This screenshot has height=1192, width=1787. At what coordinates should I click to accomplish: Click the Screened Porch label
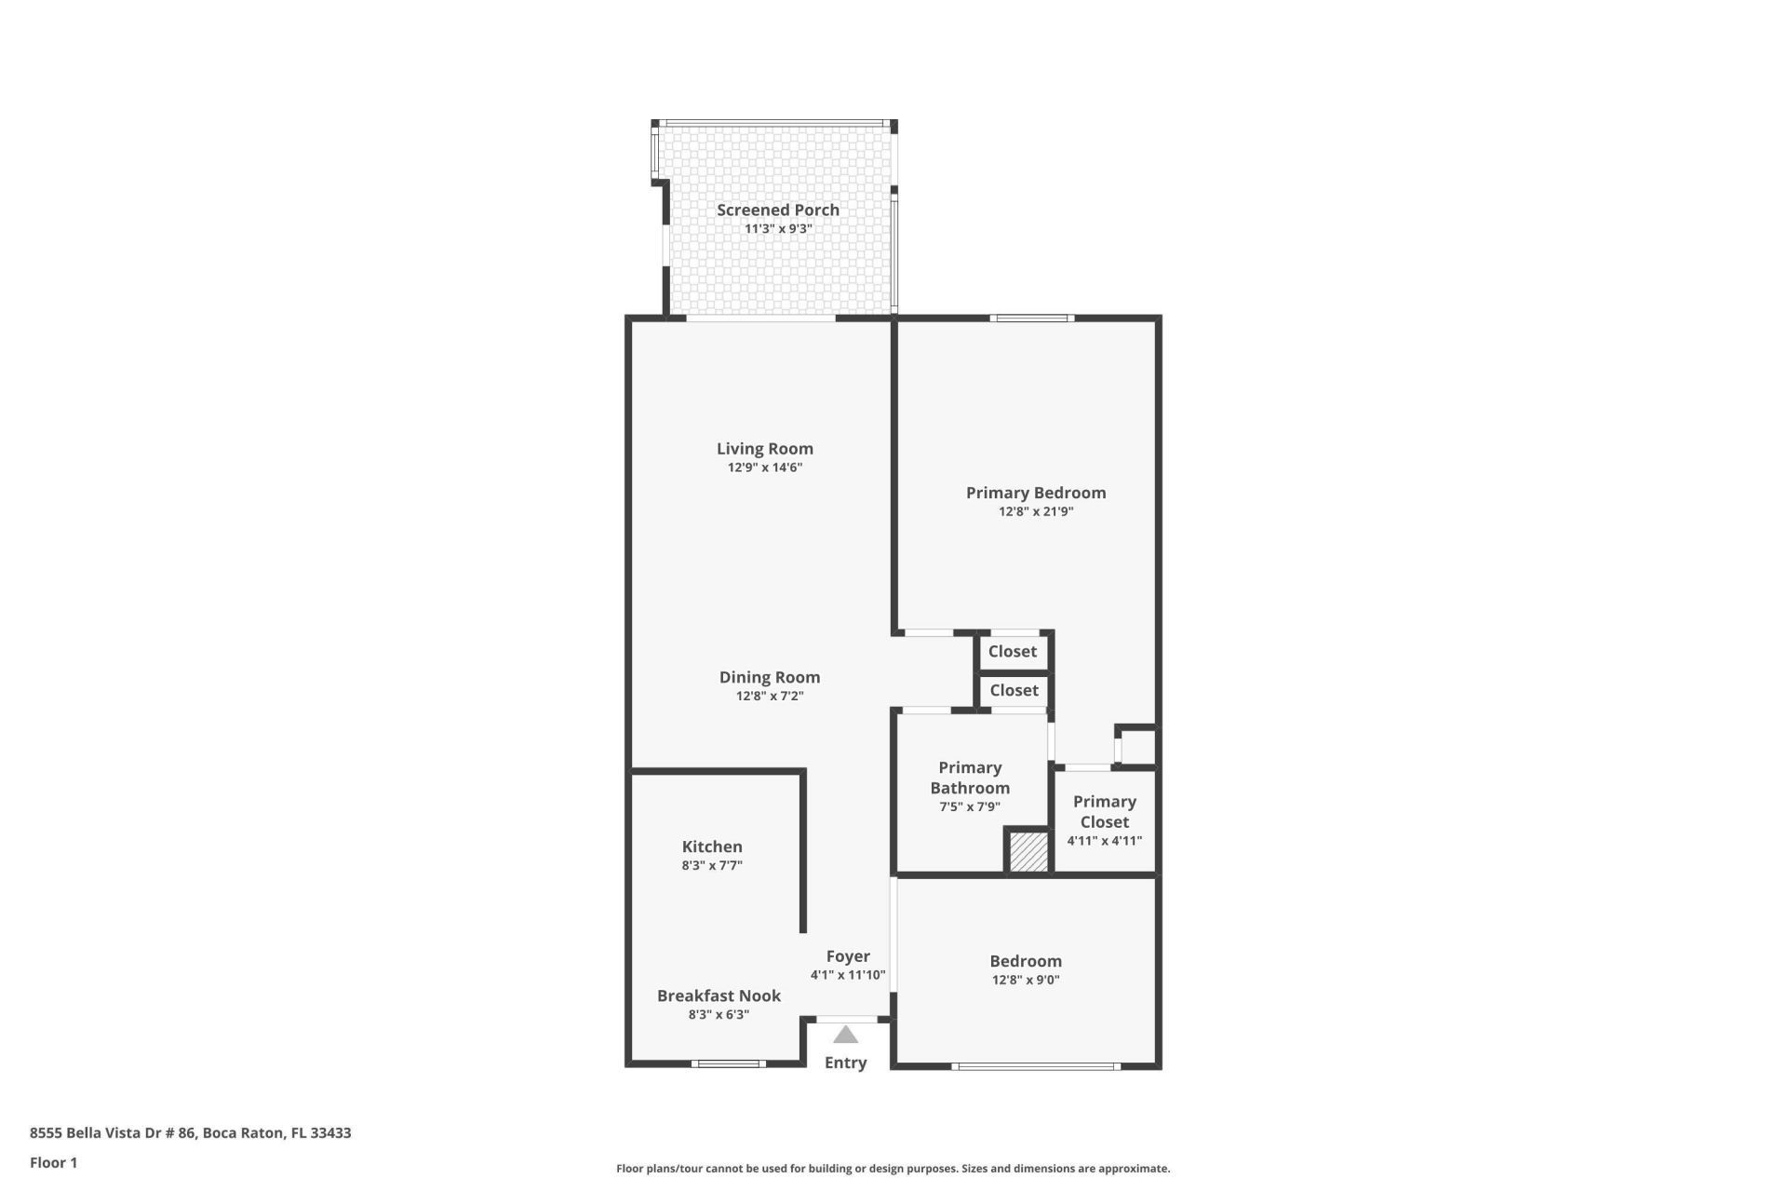click(777, 210)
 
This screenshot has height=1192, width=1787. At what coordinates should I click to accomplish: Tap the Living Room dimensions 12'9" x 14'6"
click(764, 467)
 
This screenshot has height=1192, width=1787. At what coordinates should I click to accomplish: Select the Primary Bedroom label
click(1035, 493)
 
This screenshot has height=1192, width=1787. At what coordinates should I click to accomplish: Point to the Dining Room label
click(769, 677)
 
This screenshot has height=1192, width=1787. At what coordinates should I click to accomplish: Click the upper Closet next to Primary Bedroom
click(1012, 652)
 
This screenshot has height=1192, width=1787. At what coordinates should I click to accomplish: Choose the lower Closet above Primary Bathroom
click(1013, 690)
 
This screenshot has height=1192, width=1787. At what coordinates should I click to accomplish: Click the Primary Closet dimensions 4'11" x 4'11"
click(1104, 841)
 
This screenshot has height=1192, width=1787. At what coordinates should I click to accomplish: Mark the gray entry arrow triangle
click(845, 1035)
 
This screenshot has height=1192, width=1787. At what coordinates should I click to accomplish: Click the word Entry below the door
click(845, 1063)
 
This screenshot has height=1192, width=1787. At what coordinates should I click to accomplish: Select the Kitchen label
click(712, 847)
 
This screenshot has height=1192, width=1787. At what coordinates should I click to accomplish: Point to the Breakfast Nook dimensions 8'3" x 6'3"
click(719, 1015)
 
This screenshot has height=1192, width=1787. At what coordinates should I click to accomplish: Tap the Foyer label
click(848, 956)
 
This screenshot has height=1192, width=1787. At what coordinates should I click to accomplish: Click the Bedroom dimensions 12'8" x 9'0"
click(1026, 980)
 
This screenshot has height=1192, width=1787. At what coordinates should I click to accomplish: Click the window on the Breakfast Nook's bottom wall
click(728, 1063)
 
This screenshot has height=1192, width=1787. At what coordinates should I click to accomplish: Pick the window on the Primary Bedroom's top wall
click(1031, 318)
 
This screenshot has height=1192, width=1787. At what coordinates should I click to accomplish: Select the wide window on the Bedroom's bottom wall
click(1036, 1066)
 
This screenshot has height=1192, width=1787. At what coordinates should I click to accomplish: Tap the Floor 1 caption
click(53, 1162)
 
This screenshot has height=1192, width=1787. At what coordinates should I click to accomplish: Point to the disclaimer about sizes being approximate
click(893, 1169)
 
